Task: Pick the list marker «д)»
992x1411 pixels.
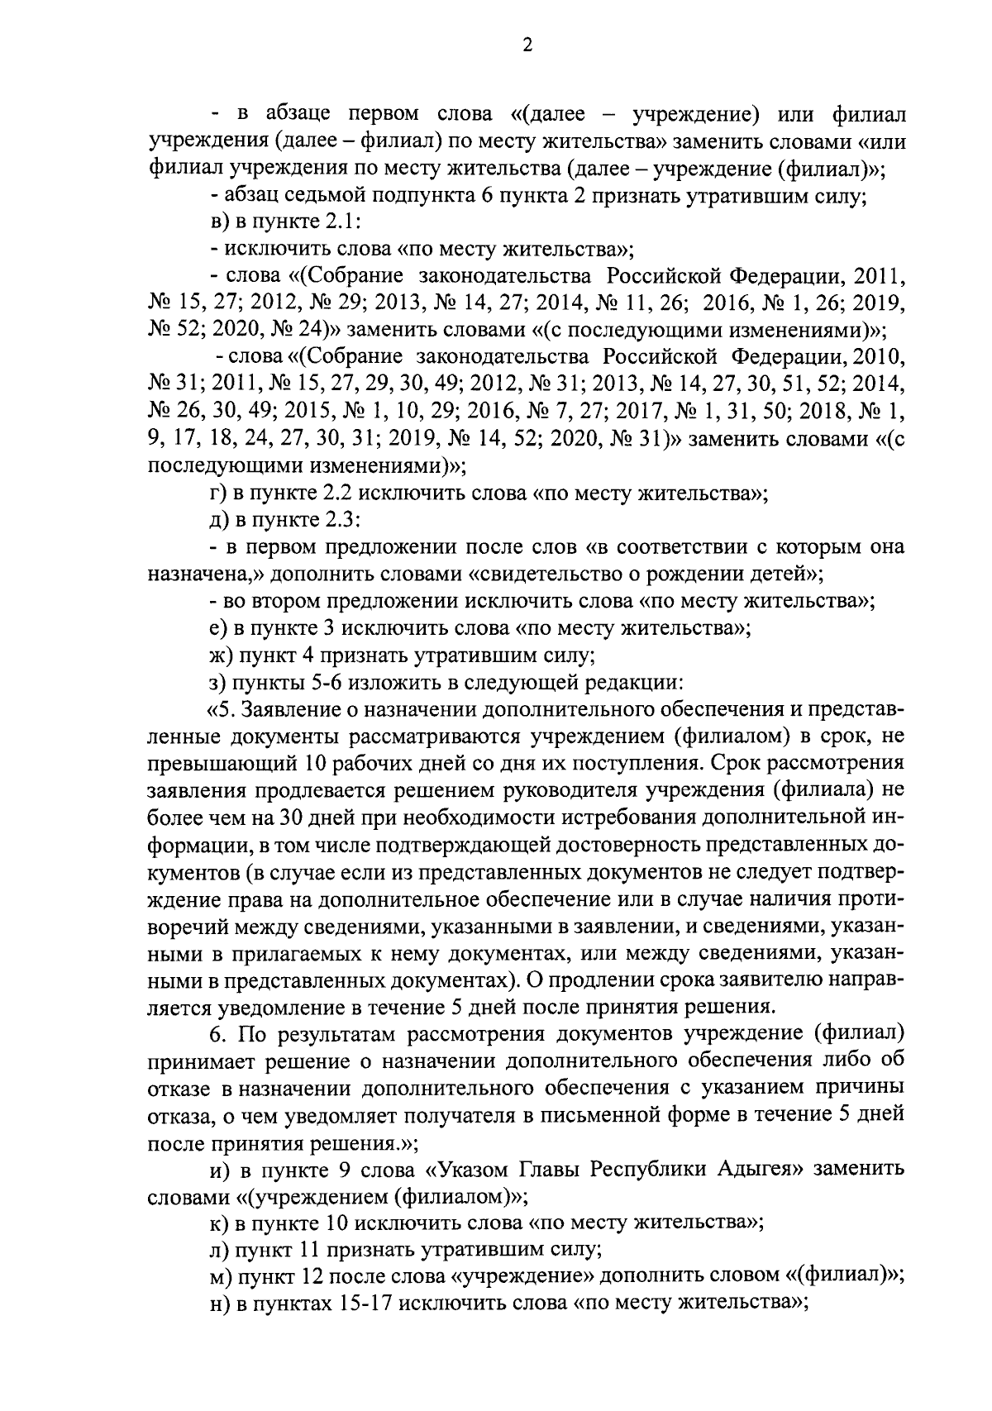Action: (x=219, y=520)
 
